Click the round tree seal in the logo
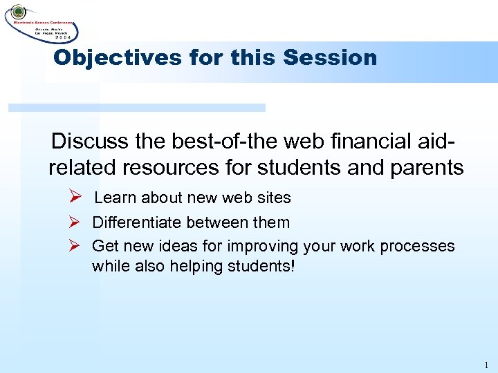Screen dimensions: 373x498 click(x=17, y=12)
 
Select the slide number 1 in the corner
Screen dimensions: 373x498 click(x=486, y=365)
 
